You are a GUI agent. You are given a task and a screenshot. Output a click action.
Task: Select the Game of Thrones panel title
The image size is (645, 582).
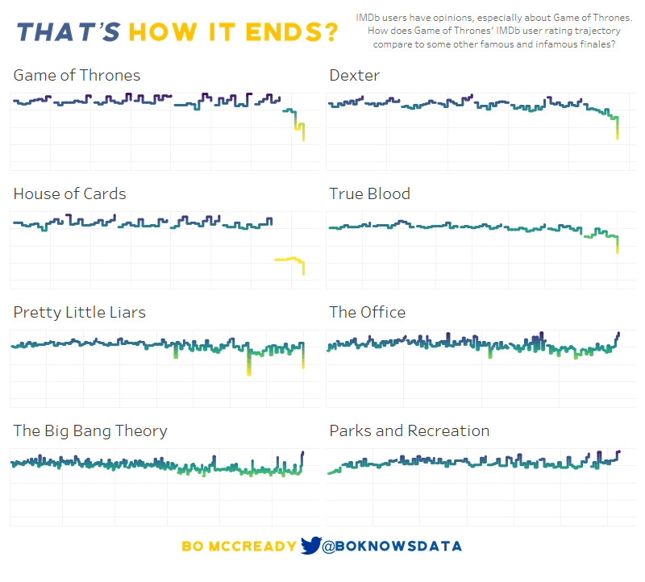tap(77, 75)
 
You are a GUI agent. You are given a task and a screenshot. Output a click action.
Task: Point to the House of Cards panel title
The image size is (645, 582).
tap(69, 193)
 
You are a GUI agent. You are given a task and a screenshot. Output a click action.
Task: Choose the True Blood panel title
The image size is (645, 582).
tap(369, 193)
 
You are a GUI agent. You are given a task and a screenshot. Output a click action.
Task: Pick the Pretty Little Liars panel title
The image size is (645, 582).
tap(79, 312)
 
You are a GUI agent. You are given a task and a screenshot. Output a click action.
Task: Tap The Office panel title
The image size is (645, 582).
tap(367, 312)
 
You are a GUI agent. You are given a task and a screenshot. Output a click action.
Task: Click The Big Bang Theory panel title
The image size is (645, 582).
tap(90, 430)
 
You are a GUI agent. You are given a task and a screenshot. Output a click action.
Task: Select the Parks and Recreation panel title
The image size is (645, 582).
tap(409, 430)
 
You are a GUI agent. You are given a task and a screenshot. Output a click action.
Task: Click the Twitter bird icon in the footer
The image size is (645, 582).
tap(310, 546)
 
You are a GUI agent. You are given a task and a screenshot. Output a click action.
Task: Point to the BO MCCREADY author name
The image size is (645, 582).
tap(239, 547)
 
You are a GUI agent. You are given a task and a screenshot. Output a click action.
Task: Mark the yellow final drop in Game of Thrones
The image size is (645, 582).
tap(303, 132)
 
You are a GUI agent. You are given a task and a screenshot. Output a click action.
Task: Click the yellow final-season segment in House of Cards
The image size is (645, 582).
tap(289, 259)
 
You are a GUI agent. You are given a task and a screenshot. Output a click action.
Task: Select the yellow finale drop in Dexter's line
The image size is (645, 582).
tap(617, 129)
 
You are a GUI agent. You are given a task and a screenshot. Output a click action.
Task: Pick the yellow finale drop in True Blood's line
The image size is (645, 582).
tap(618, 244)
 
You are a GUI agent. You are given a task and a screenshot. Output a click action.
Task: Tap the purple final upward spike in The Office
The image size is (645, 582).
tap(618, 335)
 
